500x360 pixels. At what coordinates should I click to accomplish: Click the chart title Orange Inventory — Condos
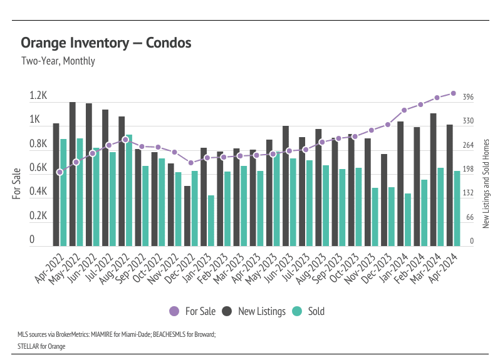(106, 43)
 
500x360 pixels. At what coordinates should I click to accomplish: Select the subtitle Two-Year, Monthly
(58, 61)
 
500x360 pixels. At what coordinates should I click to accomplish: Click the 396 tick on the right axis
(468, 97)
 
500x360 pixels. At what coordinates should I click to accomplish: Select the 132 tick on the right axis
(468, 193)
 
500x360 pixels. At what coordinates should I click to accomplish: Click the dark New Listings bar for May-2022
(73, 174)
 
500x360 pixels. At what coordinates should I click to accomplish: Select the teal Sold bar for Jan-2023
(211, 220)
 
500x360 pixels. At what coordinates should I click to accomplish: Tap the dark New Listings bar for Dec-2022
(187, 216)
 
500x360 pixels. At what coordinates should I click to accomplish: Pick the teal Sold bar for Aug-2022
(129, 190)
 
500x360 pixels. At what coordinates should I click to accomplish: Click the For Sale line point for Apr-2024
(453, 93)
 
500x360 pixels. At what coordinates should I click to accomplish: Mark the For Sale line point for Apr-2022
(60, 172)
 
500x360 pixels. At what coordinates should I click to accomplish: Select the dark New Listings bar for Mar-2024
(433, 180)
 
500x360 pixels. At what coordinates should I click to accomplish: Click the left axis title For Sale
(17, 183)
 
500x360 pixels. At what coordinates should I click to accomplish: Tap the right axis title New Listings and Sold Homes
(486, 183)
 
